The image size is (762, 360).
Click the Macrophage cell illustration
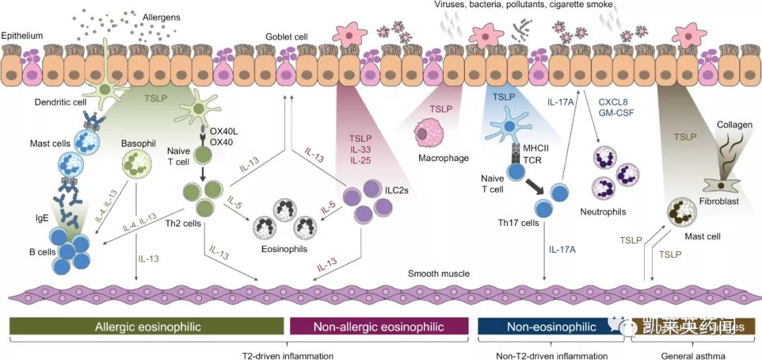pyautogui.click(x=430, y=131)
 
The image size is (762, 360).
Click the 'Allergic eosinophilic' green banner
pyautogui.click(x=148, y=327)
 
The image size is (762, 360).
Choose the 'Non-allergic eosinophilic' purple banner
pyautogui.click(x=380, y=327)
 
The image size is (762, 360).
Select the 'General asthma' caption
pyautogui.click(x=692, y=356)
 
